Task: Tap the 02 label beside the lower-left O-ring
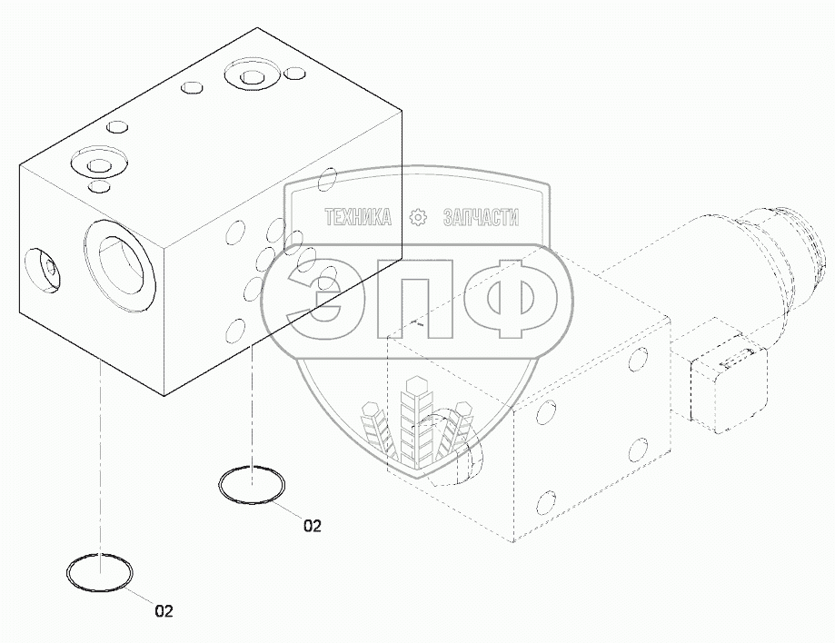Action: pyautogui.click(x=163, y=611)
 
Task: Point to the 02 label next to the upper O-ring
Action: pyautogui.click(x=313, y=525)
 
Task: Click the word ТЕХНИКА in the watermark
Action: pyautogui.click(x=358, y=217)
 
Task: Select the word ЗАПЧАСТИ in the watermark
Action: pyautogui.click(x=480, y=217)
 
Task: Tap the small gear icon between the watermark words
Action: pyautogui.click(x=417, y=217)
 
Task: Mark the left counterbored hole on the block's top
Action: pyautogui.click(x=94, y=163)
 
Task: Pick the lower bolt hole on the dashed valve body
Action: pyautogui.click(x=547, y=502)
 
